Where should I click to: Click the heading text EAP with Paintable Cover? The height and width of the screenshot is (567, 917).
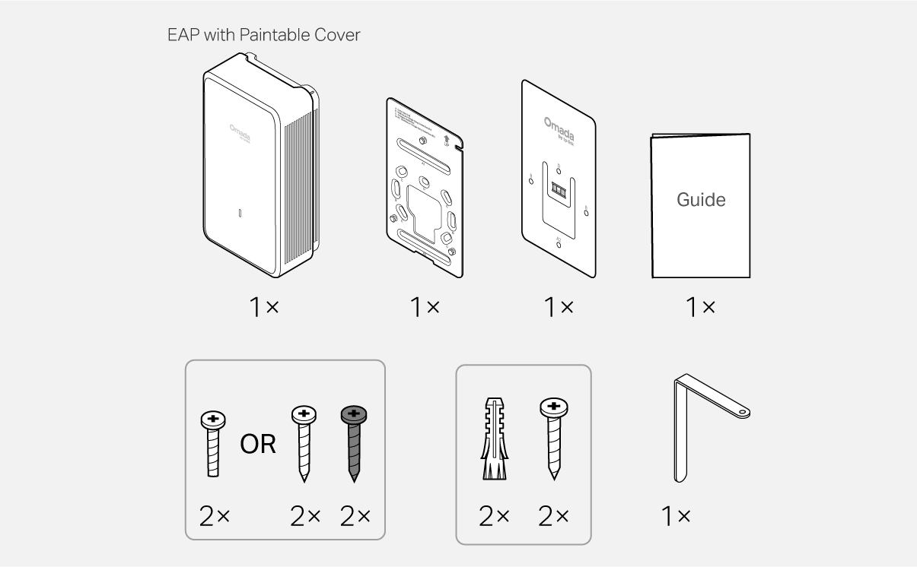coord(263,36)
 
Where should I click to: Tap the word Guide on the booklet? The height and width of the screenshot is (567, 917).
coord(701,200)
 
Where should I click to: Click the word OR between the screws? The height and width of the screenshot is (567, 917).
coord(258,445)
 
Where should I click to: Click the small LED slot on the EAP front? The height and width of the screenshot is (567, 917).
coord(240,214)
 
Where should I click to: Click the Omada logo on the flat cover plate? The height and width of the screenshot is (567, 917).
coord(559,126)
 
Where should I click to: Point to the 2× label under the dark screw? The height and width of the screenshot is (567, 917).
coord(354,516)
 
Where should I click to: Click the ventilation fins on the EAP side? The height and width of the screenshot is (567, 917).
coord(299,190)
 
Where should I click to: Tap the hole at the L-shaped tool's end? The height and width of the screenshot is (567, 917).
coord(742,413)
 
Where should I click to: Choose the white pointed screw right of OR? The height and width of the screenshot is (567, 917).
coord(304,441)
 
